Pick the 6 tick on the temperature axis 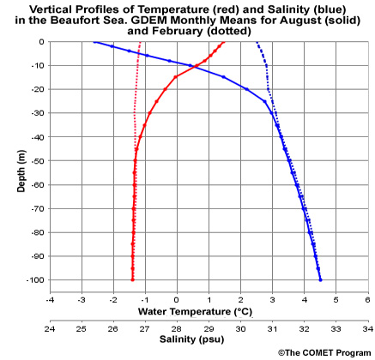pyautogui.click(x=368, y=301)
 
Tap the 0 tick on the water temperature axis pyautogui.click(x=177, y=301)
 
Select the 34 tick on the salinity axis pyautogui.click(x=367, y=328)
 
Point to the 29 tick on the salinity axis pyautogui.click(x=209, y=328)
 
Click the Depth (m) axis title pyautogui.click(x=21, y=161)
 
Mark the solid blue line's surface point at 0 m pyautogui.click(x=94, y=41)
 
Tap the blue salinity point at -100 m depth pyautogui.click(x=320, y=279)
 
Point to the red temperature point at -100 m pyautogui.click(x=132, y=279)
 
